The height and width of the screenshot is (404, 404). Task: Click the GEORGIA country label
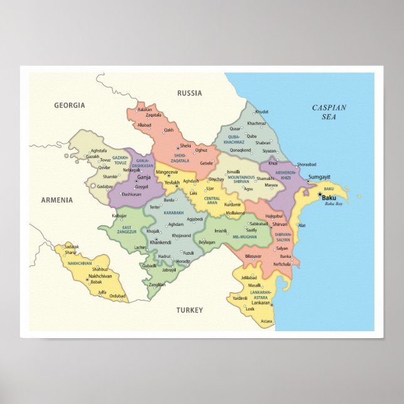click(x=69, y=105)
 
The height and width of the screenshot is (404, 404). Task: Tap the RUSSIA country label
click(x=189, y=93)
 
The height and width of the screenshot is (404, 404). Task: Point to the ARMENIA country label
click(x=57, y=200)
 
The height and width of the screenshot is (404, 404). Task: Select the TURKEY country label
click(x=189, y=310)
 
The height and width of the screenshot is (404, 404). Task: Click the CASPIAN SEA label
click(x=329, y=112)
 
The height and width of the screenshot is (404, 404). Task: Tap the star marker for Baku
click(x=319, y=195)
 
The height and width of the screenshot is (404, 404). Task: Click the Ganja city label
click(x=144, y=178)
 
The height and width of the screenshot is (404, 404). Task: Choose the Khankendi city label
click(x=161, y=242)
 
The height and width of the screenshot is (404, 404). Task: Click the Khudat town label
click(x=262, y=112)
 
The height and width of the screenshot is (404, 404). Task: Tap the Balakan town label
click(x=145, y=109)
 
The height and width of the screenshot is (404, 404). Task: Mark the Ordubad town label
click(x=117, y=296)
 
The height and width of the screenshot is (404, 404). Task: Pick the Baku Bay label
click(x=333, y=204)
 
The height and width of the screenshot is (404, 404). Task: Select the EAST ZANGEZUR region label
click(x=127, y=230)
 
